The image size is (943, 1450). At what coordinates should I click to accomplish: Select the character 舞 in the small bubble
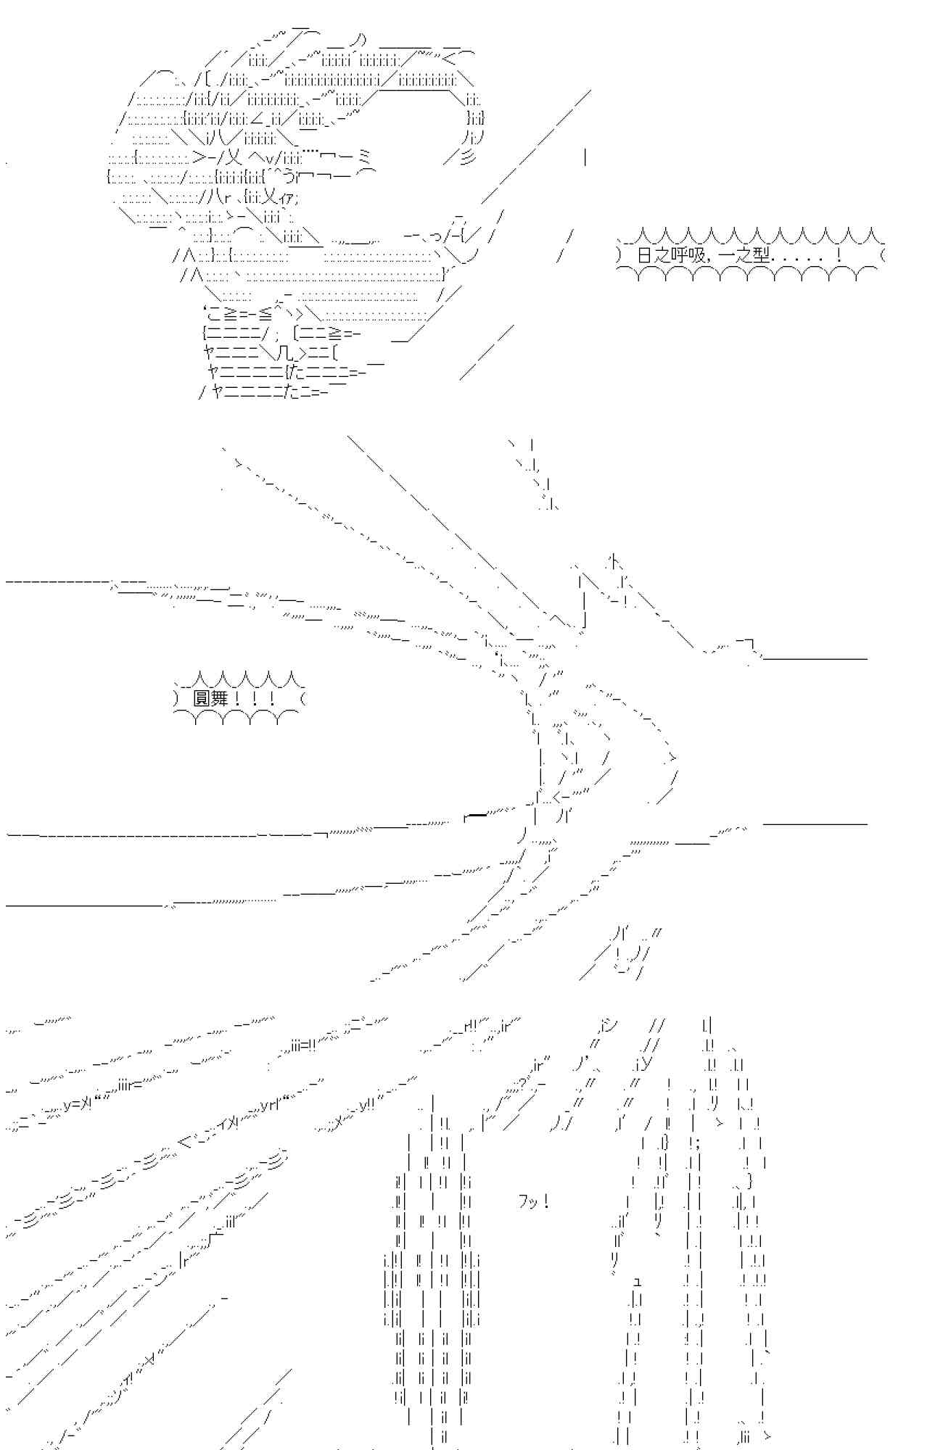pos(219,699)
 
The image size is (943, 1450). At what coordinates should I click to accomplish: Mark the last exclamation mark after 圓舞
pos(271,699)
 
